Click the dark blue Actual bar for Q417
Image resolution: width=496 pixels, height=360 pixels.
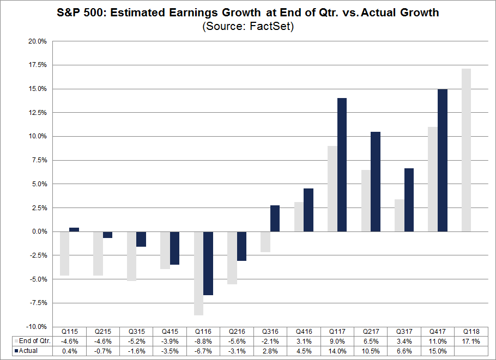(443, 160)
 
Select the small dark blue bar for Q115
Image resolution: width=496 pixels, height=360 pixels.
(74, 229)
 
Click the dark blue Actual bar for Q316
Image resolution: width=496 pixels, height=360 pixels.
(275, 218)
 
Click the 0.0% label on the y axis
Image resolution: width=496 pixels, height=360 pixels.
(39, 231)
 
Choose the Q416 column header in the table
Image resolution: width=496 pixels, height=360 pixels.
(304, 331)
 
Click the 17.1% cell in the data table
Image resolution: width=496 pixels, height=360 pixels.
(471, 340)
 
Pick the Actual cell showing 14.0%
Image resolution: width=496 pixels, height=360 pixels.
(337, 351)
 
